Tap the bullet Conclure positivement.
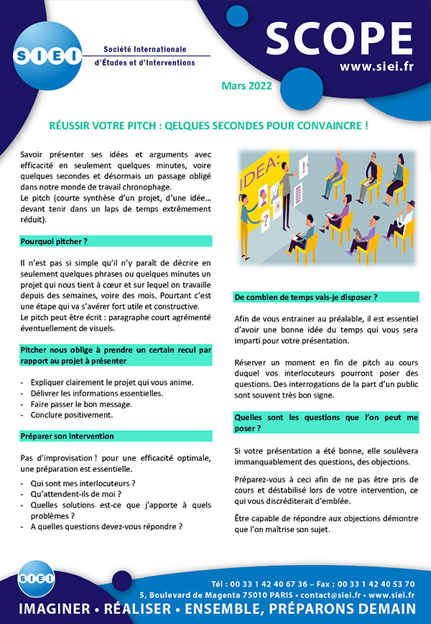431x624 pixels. pos(72,415)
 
